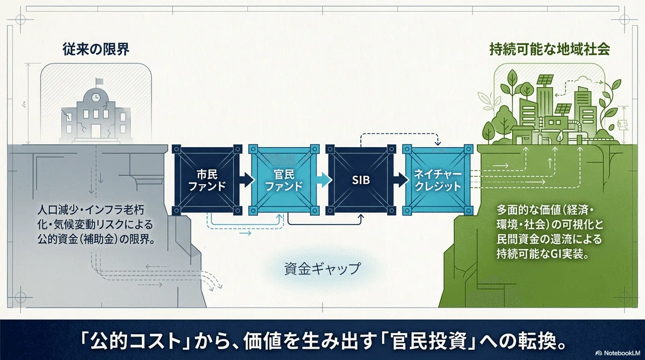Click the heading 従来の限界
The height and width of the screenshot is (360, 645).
pyautogui.click(x=96, y=49)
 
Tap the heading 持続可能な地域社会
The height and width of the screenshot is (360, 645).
pyautogui.click(x=549, y=49)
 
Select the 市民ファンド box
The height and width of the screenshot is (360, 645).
pyautogui.click(x=207, y=180)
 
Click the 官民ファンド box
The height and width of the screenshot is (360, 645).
pyautogui.click(x=284, y=180)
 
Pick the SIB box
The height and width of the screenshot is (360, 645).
pyautogui.click(x=361, y=180)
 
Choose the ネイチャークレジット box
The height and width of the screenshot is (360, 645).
pyautogui.click(x=438, y=180)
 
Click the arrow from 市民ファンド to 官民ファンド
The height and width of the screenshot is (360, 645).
pyautogui.click(x=247, y=180)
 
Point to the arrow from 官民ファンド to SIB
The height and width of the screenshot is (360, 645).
pyautogui.click(x=324, y=180)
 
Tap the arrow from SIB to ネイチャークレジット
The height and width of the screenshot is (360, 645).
pyautogui.click(x=401, y=180)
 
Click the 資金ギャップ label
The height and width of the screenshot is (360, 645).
pyautogui.click(x=322, y=268)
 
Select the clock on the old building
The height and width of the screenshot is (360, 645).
pyautogui.click(x=95, y=97)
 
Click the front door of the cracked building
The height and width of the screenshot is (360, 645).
pyautogui.click(x=96, y=131)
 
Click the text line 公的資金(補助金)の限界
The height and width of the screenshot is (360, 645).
pyautogui.click(x=95, y=240)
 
